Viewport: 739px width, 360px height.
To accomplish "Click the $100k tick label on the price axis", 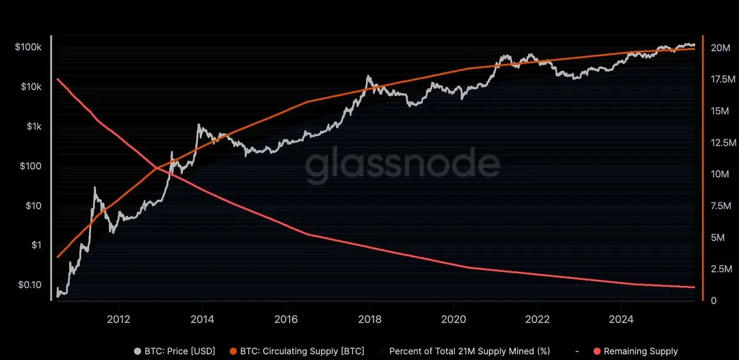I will (x=28, y=47).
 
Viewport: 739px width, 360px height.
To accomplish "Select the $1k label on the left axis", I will (x=33, y=127).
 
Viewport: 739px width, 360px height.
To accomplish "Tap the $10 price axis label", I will (x=33, y=206).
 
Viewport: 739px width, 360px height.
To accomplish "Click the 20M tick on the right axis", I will (x=721, y=48).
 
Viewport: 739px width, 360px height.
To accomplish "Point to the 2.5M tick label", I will (x=722, y=269).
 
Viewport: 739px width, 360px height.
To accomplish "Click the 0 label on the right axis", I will (x=713, y=301).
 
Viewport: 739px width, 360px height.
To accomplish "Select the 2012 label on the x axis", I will (x=118, y=320).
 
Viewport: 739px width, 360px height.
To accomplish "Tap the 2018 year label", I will (x=369, y=320).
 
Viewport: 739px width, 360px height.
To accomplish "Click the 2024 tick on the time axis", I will (x=621, y=320).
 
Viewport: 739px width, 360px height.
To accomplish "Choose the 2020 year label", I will (x=453, y=320).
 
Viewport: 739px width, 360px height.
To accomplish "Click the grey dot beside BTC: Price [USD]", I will (x=137, y=351).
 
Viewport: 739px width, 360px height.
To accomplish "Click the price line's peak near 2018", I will (x=368, y=76).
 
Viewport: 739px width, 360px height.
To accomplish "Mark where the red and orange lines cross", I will (x=156, y=167).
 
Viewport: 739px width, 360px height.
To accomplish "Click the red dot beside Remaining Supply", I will (x=597, y=351).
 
